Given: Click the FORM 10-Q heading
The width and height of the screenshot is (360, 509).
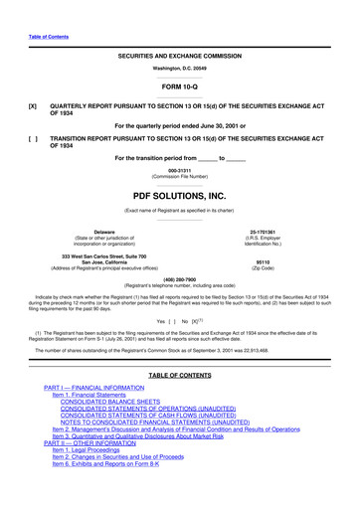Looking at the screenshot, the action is tap(180, 86).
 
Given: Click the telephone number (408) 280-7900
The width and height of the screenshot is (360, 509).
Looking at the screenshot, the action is tap(180, 279).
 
